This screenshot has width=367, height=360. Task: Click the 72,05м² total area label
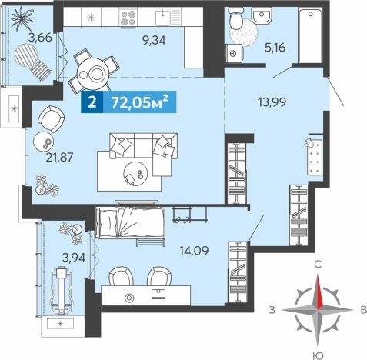140,102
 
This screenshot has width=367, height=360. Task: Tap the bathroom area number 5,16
275,48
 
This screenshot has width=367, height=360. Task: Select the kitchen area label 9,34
155,40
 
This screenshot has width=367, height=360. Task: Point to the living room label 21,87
59,157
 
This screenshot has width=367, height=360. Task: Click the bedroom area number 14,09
194,251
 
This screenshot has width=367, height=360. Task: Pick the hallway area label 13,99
272,102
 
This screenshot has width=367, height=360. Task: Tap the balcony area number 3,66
40,38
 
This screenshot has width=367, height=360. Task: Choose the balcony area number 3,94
74,258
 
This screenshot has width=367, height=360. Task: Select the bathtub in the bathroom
310,35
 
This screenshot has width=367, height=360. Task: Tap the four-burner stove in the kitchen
128,17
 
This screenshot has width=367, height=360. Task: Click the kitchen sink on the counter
168,17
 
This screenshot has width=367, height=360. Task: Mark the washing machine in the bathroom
233,53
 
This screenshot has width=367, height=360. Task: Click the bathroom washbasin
262,15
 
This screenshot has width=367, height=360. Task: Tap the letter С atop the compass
318,265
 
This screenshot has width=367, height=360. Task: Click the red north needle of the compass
319,292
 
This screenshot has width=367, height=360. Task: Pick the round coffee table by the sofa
135,174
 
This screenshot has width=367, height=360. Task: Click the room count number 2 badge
92,102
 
